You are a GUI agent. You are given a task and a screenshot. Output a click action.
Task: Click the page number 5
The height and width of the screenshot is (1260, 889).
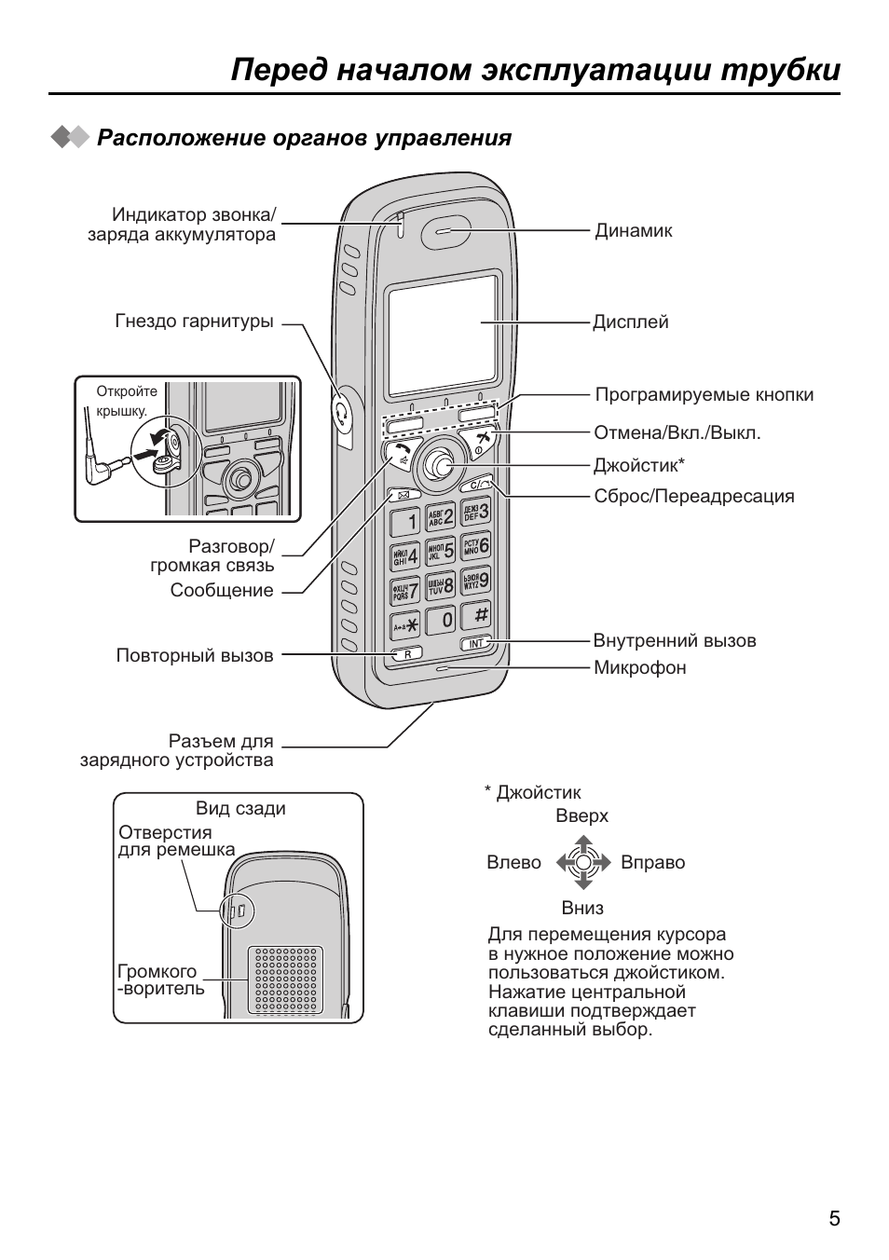(x=834, y=1218)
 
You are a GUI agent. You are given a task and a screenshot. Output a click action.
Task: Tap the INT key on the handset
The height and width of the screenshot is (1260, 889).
(x=475, y=644)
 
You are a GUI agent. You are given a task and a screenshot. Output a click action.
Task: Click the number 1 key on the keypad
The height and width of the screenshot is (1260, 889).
(x=405, y=520)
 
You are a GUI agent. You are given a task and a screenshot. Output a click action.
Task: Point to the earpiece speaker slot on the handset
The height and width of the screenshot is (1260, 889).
(x=446, y=233)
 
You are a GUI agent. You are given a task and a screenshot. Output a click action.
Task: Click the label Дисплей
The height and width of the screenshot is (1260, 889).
(x=631, y=322)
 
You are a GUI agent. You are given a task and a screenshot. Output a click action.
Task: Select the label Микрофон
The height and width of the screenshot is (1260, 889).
(x=639, y=667)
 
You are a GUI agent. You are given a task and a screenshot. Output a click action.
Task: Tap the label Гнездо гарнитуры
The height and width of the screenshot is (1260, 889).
(x=194, y=322)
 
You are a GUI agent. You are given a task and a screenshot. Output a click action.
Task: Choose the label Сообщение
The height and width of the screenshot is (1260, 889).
(x=222, y=590)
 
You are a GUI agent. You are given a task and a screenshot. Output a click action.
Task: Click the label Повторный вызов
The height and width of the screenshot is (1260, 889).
(x=195, y=655)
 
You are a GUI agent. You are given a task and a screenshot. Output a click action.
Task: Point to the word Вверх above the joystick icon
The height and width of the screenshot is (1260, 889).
(x=581, y=815)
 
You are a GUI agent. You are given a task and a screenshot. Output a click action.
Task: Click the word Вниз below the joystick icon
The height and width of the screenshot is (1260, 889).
(x=582, y=908)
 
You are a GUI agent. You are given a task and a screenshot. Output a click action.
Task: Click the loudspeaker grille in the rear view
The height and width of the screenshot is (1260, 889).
(x=285, y=979)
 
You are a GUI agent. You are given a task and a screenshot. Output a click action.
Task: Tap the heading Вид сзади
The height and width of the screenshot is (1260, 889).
(x=240, y=808)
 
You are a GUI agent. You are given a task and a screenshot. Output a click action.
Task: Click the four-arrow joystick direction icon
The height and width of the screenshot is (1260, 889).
(x=582, y=862)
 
